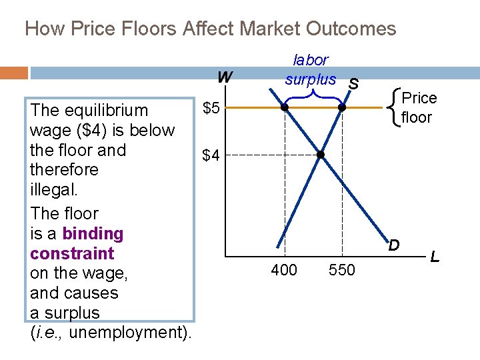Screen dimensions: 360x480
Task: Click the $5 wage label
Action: point(211,108)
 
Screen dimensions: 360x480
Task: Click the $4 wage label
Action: point(211,156)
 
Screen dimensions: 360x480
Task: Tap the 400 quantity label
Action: point(285,270)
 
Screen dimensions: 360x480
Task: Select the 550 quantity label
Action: point(343,270)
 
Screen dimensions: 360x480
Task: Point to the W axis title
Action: point(225,77)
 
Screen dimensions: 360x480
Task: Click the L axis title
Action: point(435,256)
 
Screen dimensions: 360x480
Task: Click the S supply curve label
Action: point(353,84)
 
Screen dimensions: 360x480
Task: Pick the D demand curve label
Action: point(394,245)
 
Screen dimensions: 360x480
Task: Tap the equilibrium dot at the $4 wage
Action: point(320,155)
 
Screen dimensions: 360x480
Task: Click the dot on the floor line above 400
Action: point(284,107)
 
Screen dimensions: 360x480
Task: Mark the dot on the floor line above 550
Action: point(341,107)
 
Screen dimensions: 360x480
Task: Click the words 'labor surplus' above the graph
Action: point(311,69)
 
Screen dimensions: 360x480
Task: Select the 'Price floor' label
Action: point(420,108)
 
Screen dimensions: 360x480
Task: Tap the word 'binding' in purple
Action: point(93,233)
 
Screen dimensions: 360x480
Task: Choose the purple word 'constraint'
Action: point(72,253)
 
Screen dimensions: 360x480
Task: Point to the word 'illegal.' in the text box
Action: point(55,190)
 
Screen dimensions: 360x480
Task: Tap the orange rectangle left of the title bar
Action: point(14,73)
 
